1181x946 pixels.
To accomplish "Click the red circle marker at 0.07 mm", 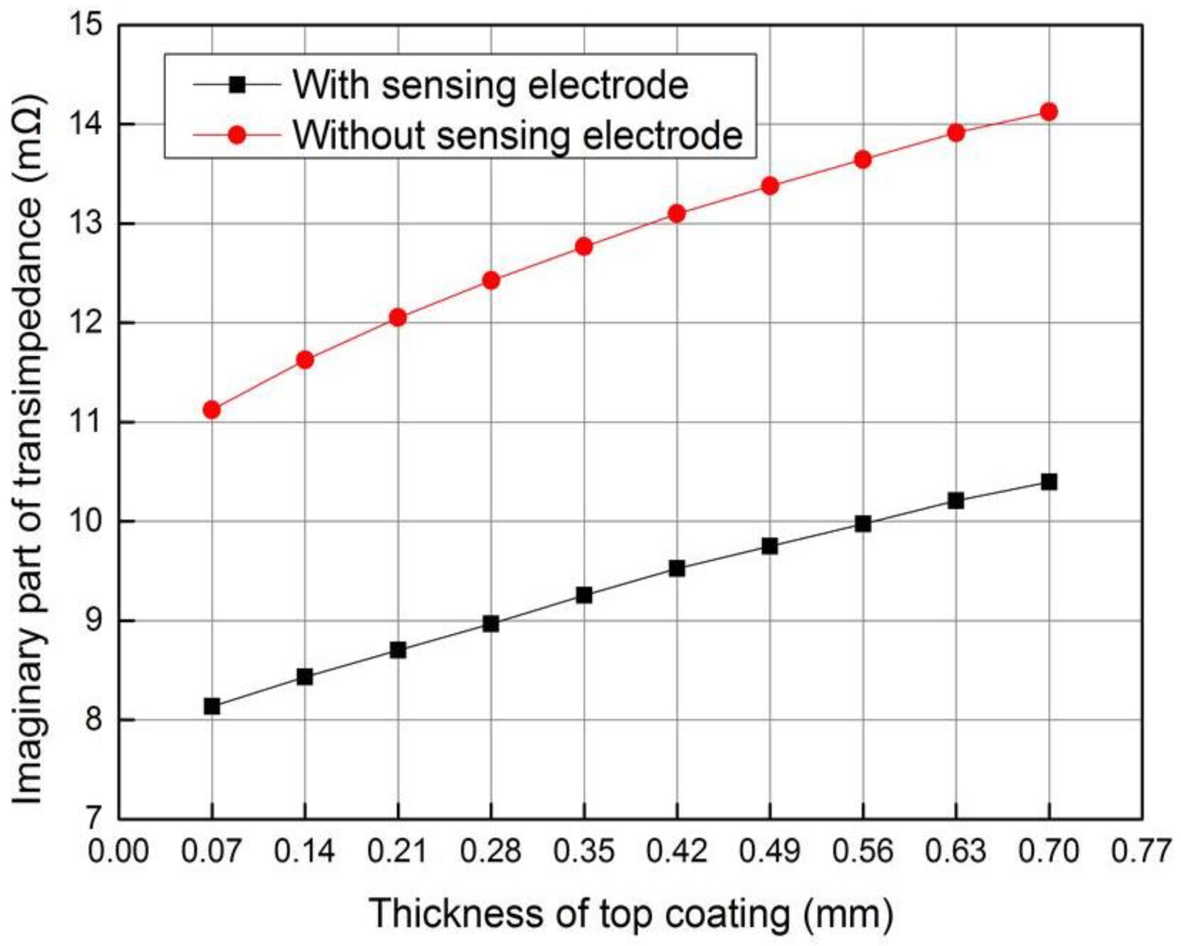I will pos(212,410).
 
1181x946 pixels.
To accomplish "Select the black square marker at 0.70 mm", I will pos(1049,482).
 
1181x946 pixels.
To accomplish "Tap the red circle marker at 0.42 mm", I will pos(677,213).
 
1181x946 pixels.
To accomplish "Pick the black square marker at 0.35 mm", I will pos(584,595).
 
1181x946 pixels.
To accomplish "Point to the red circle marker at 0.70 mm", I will pos(1049,112).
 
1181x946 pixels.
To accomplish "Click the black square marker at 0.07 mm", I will pos(212,707).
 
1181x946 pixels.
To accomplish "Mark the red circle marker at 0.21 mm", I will pos(398,318).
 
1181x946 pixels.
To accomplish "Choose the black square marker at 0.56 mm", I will pos(863,525).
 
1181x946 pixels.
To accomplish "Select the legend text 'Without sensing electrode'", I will pos(518,134).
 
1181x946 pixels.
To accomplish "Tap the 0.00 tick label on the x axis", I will pos(118,852).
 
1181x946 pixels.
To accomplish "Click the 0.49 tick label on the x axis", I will pos(770,852).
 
